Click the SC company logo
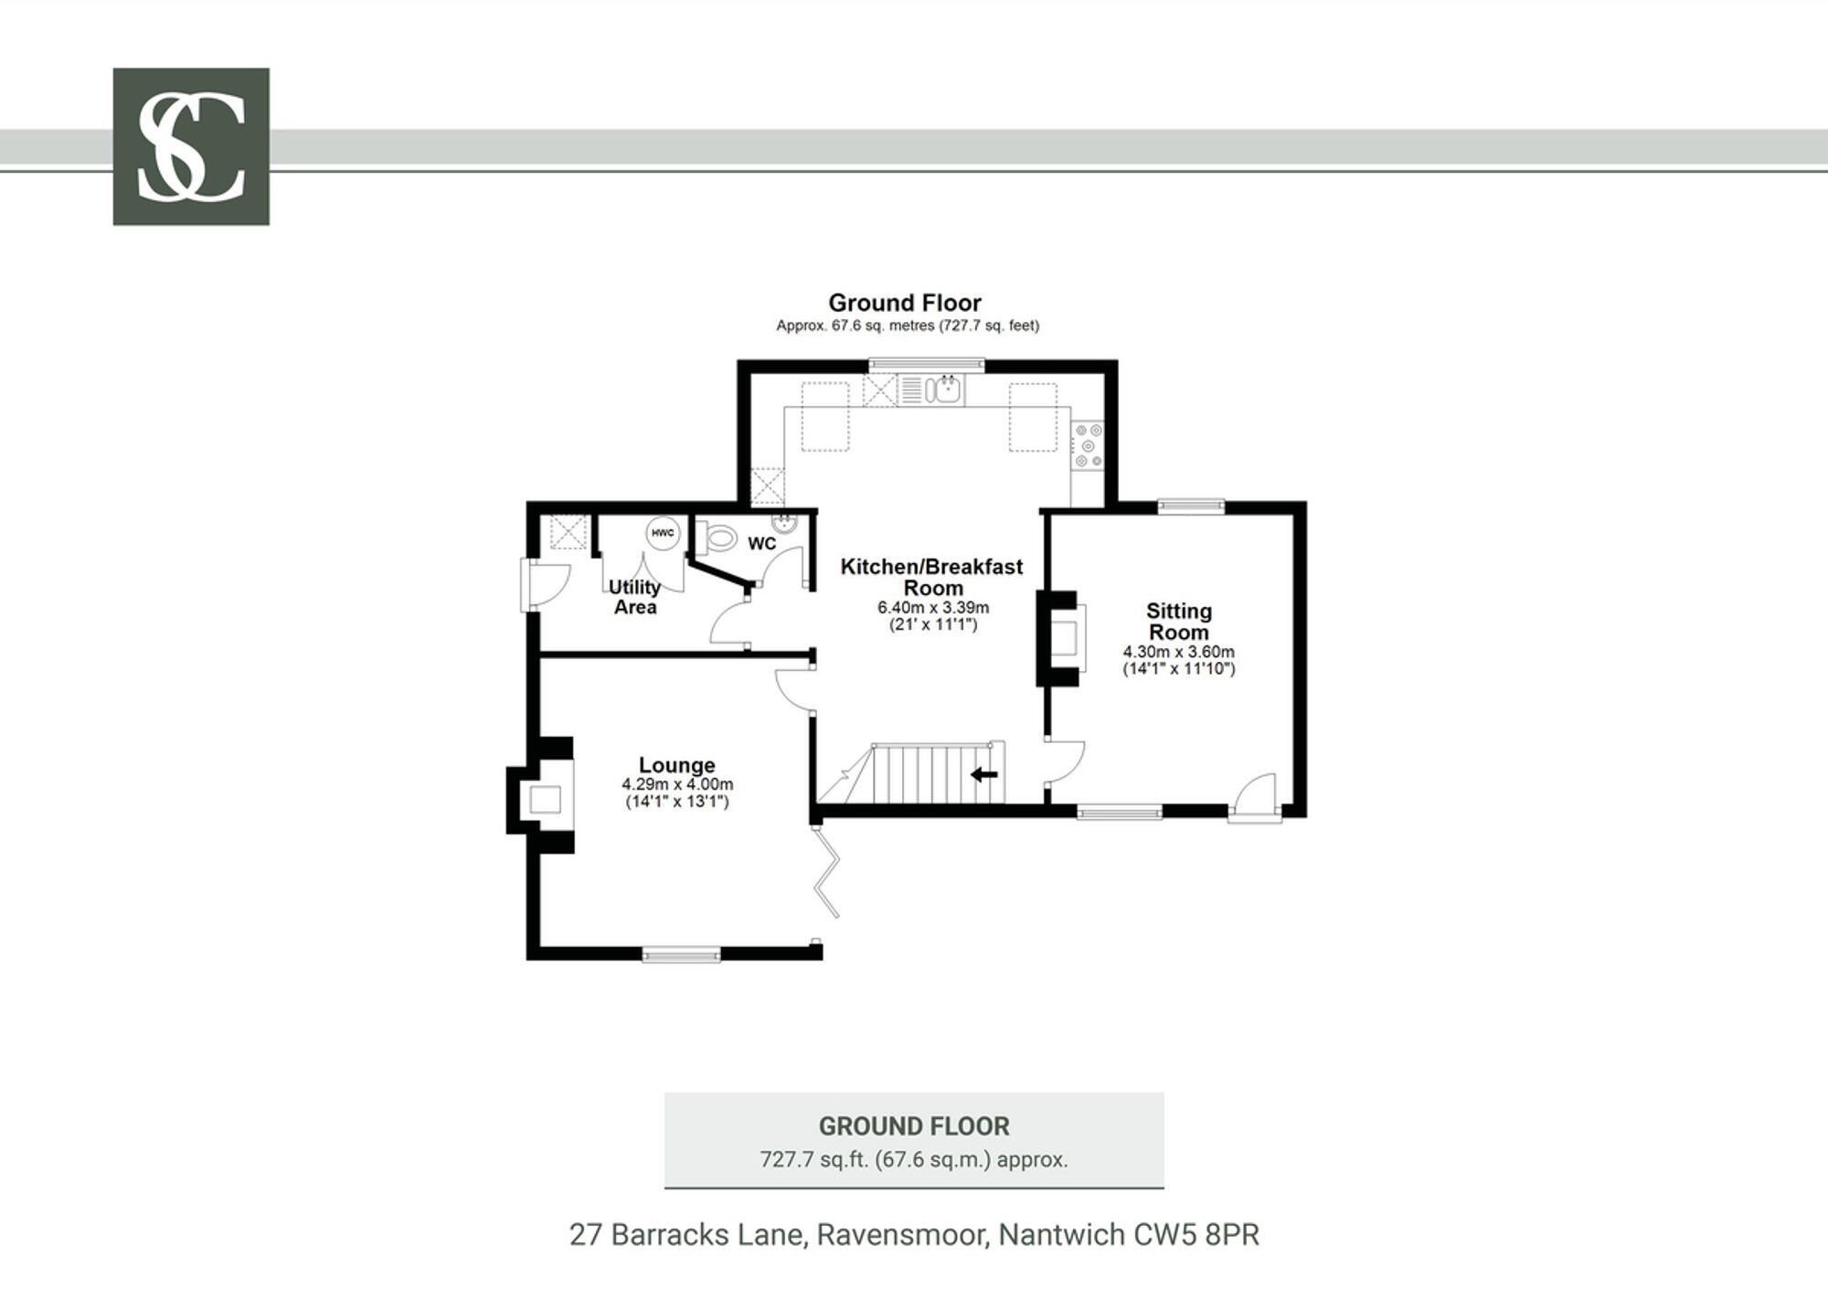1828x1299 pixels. point(191,146)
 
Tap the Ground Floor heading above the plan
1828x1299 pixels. point(904,303)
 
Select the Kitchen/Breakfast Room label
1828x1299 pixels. point(931,577)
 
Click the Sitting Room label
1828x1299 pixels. point(1178,622)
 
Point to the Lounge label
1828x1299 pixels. point(676,765)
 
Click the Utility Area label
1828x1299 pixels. point(634,597)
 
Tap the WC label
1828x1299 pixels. point(761,544)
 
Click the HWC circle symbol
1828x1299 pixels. point(662,533)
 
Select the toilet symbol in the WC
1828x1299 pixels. point(718,538)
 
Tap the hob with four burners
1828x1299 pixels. point(1088,445)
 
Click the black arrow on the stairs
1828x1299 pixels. point(983,775)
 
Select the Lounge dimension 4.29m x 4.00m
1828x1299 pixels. point(677,784)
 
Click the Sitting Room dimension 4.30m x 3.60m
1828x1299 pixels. point(1178,652)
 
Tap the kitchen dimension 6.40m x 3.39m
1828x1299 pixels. point(932,607)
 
